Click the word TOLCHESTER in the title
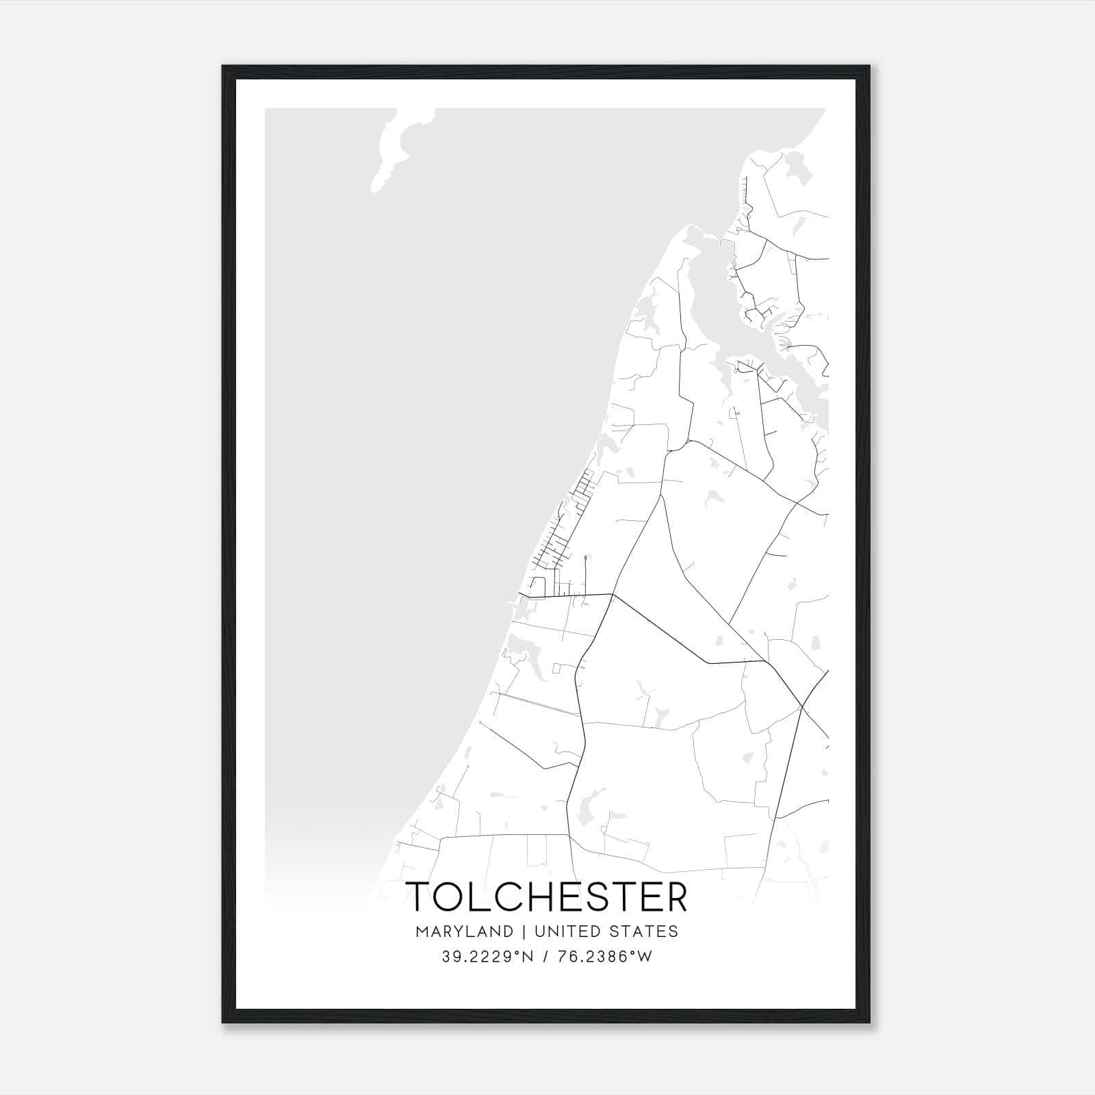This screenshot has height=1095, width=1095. tap(547, 897)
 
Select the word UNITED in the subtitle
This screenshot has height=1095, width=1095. tap(563, 931)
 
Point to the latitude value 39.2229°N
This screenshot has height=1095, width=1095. tap(487, 957)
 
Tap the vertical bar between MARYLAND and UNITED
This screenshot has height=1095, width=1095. tap(524, 931)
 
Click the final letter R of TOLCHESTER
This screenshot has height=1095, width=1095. tap(675, 897)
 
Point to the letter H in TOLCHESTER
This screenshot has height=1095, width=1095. tap(545, 897)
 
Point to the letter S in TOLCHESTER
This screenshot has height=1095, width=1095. tap(608, 897)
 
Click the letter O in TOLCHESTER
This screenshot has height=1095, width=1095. tap(452, 897)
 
